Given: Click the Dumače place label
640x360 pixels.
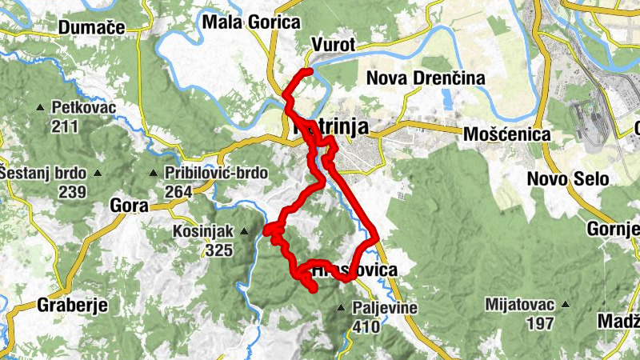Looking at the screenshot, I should [x=92, y=27].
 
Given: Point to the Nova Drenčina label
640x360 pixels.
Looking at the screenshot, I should [x=426, y=78].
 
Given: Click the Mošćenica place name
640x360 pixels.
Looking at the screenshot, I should [x=507, y=134].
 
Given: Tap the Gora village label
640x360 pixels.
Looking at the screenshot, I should [x=129, y=206].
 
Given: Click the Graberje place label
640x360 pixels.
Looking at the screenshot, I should [x=72, y=305].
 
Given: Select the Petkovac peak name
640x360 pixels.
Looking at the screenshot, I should [x=84, y=106].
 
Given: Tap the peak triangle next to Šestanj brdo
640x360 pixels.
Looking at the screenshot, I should [x=98, y=173].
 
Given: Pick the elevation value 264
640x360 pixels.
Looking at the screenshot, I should [x=180, y=191].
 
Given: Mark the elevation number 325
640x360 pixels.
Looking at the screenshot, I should [x=218, y=251].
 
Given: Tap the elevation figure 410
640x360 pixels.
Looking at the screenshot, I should [x=364, y=326].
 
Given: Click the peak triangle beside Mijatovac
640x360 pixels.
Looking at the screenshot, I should [x=565, y=305].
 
